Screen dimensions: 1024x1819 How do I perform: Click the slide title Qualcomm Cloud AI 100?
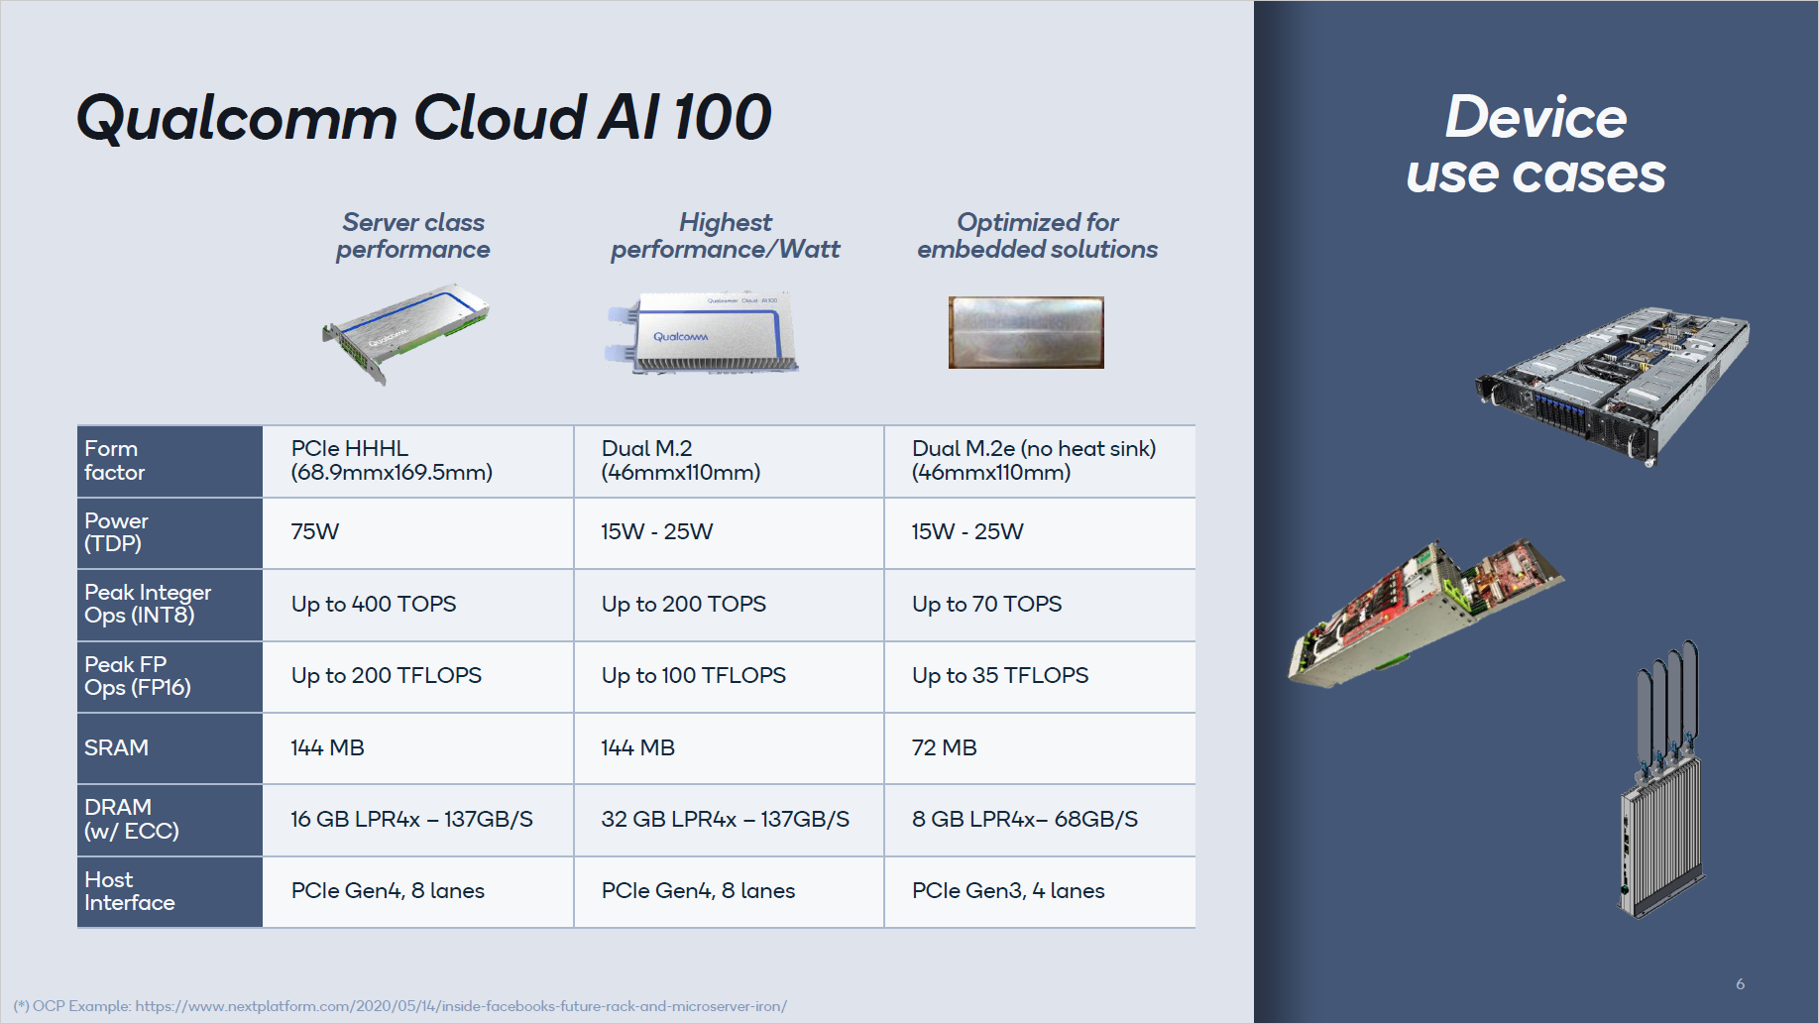423,117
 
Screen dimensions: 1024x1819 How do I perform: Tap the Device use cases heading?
1535,145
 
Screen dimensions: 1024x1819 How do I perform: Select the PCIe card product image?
406,333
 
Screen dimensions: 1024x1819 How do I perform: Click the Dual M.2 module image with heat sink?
703,332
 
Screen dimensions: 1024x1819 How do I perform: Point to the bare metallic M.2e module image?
1026,332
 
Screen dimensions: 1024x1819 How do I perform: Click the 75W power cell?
315,532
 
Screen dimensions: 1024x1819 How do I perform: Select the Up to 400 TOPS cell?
374,604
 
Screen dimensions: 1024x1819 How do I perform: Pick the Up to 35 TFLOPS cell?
999,676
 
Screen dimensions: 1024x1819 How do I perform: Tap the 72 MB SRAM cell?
944,747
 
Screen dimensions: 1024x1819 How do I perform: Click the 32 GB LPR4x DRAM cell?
725,820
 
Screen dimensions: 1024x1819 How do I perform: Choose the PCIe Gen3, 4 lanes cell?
1008,891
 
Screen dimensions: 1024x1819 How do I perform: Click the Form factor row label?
115,461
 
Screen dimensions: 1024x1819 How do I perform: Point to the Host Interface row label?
129,891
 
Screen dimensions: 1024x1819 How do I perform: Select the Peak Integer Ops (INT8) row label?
148,604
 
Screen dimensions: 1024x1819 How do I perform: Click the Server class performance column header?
412,236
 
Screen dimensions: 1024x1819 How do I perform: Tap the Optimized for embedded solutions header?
1037,236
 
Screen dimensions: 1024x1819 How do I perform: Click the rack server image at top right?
1612,386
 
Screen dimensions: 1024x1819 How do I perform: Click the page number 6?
1740,984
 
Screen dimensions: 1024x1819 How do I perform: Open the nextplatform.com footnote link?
461,1006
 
